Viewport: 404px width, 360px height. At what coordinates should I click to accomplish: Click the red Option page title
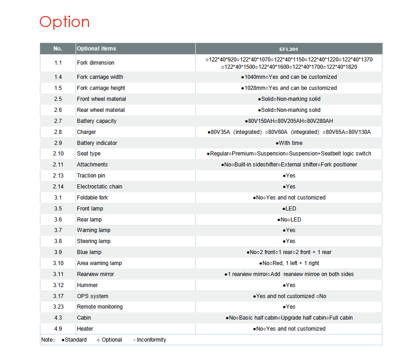coord(65,22)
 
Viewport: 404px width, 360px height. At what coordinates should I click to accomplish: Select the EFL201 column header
coord(289,49)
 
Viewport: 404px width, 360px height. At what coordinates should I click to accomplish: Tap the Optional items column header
coord(97,49)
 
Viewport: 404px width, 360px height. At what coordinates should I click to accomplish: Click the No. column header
coord(58,49)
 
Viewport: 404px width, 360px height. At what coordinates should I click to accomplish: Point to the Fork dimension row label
coord(96,63)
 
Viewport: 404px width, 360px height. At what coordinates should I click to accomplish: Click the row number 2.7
coord(58,121)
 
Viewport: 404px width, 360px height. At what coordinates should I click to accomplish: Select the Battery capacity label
coord(97,121)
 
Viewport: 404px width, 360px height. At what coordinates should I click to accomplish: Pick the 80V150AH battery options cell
coord(289,121)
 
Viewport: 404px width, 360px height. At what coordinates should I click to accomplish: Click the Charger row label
coord(87,132)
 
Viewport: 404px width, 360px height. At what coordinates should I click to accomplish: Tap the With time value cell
coord(289,143)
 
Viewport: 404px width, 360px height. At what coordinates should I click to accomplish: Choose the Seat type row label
coord(89,154)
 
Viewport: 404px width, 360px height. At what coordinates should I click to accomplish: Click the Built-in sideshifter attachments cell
coord(289,165)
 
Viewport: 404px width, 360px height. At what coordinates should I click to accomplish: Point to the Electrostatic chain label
coord(99,187)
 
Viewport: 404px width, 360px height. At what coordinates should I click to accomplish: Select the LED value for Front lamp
coord(289,209)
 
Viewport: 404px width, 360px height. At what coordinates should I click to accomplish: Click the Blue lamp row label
coord(89,252)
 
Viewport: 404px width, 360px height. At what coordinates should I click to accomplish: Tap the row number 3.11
coord(58,274)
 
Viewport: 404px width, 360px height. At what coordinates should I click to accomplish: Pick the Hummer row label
coord(87,285)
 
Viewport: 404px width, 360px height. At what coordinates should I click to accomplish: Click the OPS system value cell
coord(289,296)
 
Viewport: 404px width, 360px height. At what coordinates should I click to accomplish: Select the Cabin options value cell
coord(289,318)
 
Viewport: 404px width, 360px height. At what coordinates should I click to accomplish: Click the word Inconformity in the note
coord(152,340)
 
